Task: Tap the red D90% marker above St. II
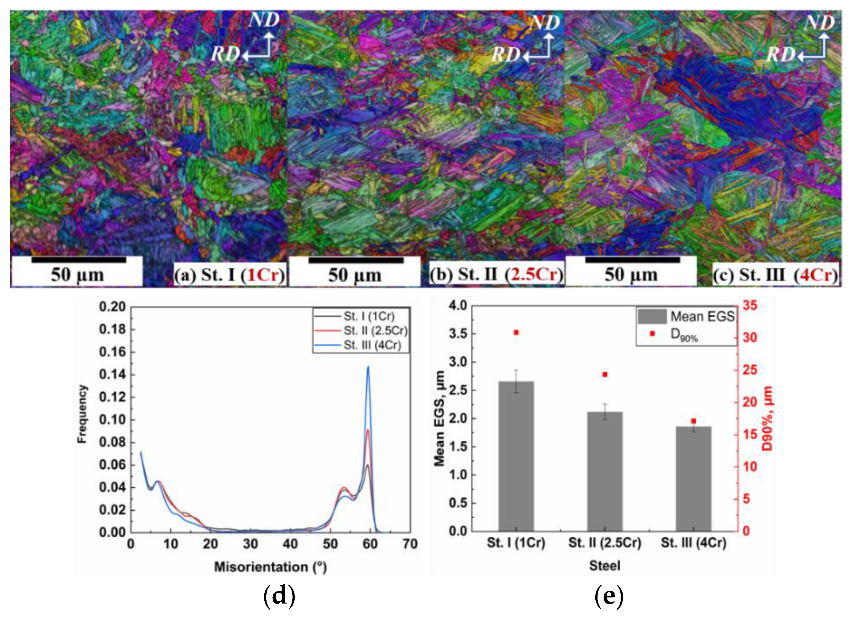pos(605,374)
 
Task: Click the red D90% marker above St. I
pos(516,332)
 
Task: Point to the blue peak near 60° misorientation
pos(368,367)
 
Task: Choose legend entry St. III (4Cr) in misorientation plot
pos(372,345)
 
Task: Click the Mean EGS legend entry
pos(702,317)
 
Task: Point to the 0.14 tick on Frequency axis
pos(112,374)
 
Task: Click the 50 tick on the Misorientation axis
pos(330,544)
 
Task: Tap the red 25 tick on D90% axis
pos(750,370)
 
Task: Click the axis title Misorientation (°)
pos(270,567)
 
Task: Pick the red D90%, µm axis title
pos(767,418)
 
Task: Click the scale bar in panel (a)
pos(79,260)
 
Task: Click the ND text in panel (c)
pos(819,22)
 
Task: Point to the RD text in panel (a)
pos(225,54)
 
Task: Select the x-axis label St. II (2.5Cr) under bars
pos(605,542)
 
